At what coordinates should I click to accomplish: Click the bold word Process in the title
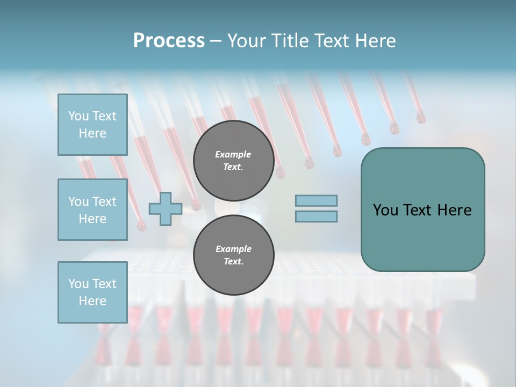[169, 41]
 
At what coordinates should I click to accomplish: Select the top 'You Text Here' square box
[92, 125]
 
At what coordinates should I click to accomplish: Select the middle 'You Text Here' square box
[92, 210]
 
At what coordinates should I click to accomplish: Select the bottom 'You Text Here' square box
[92, 292]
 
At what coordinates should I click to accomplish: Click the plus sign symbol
[166, 210]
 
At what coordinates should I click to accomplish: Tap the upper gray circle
[233, 160]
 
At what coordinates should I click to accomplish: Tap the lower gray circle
[233, 255]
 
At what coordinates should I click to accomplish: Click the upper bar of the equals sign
[316, 201]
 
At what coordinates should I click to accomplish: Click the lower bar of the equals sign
[316, 216]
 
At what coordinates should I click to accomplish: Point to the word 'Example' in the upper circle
[233, 154]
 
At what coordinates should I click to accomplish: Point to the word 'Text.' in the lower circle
[233, 261]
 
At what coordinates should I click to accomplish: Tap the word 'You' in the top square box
[78, 116]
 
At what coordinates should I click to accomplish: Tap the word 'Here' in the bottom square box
[92, 301]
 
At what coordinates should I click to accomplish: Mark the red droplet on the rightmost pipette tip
[420, 117]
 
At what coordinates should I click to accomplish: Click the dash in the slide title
[216, 41]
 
